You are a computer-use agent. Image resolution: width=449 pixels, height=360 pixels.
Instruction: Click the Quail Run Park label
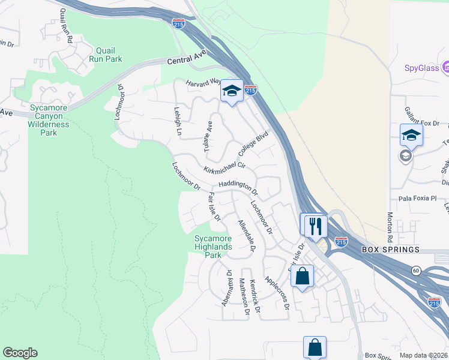(x=105, y=55)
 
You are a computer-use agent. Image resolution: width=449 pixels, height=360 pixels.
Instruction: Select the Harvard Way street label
(x=202, y=83)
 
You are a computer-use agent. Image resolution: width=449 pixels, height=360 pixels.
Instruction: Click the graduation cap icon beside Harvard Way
(x=231, y=91)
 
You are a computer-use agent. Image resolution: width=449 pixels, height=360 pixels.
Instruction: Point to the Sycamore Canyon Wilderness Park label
(x=49, y=120)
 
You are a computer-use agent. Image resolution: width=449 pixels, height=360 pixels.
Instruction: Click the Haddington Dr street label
(x=238, y=187)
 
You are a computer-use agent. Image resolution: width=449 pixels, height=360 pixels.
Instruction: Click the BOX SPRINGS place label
(x=390, y=249)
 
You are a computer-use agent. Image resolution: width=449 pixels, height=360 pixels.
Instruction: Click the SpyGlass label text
(x=414, y=68)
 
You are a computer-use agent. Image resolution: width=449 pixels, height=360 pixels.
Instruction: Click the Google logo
(x=20, y=353)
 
